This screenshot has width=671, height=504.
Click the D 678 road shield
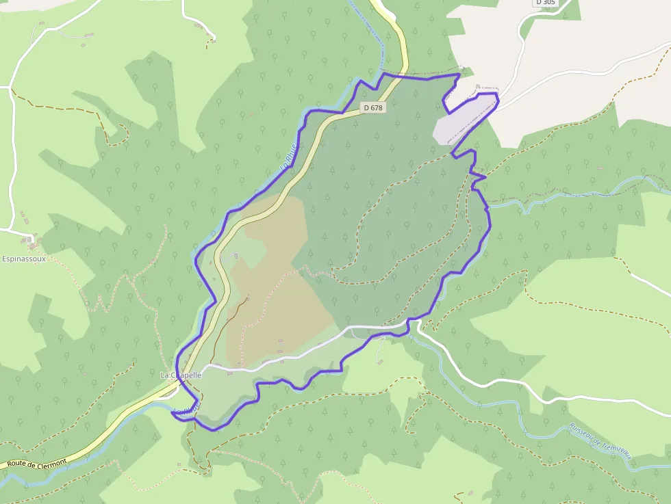click(x=373, y=107)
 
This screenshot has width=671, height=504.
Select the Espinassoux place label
click(x=24, y=259)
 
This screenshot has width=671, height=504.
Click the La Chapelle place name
click(x=181, y=375)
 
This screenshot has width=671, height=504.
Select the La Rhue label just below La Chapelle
click(x=187, y=409)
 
